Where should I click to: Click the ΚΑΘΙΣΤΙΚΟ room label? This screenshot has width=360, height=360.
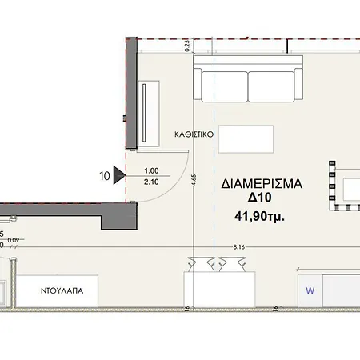(x=194, y=134)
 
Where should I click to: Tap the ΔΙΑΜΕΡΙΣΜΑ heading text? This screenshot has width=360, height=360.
(x=262, y=184)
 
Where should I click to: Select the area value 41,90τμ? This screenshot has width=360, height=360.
(x=259, y=216)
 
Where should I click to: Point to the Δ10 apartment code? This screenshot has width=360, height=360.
(x=260, y=198)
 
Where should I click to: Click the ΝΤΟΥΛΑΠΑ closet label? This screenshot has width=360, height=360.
(x=62, y=290)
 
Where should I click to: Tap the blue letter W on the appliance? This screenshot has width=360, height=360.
(x=310, y=290)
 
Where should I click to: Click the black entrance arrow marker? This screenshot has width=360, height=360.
(x=119, y=175)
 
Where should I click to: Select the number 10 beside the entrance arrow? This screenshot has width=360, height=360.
(x=105, y=176)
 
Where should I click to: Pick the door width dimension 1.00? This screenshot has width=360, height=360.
(x=151, y=170)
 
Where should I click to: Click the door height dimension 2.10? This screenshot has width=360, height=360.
(x=151, y=182)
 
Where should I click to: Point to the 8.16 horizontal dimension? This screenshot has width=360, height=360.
(x=239, y=247)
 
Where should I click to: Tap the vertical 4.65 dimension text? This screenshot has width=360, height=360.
(x=194, y=180)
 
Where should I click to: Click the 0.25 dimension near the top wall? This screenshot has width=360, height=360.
(x=187, y=46)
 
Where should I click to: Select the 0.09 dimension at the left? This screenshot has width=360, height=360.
(x=14, y=240)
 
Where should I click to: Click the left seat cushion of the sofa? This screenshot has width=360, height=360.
(x=225, y=86)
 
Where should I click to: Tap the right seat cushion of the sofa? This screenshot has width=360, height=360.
(x=271, y=86)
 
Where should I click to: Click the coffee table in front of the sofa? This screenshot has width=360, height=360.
(x=246, y=139)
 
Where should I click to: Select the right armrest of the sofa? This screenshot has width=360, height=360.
(x=298, y=84)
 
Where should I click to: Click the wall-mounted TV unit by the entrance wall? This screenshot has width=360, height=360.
(x=149, y=114)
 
